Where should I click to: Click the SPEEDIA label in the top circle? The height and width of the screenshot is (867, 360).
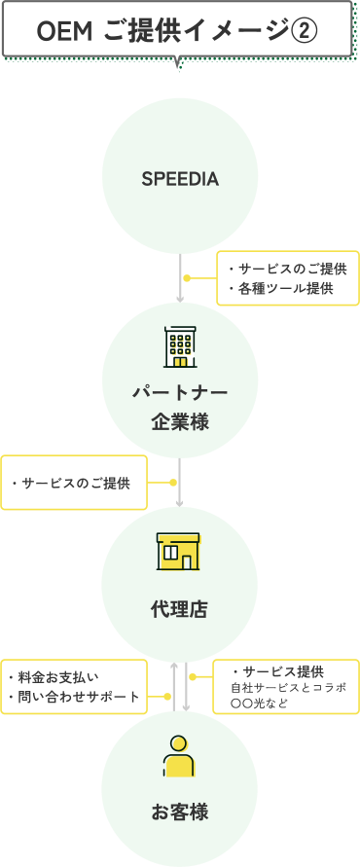click(180, 180)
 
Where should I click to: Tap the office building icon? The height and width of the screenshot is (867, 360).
click(180, 347)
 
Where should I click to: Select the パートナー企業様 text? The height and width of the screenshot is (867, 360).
click(180, 408)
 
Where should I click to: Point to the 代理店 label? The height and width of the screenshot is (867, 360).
click(179, 610)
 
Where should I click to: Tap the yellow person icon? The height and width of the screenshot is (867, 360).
click(179, 756)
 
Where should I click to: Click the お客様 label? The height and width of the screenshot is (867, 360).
click(180, 812)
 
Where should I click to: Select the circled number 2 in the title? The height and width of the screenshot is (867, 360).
click(305, 32)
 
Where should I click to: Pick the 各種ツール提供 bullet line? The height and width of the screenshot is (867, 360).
click(283, 288)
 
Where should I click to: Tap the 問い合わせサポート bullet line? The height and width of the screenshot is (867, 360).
click(74, 697)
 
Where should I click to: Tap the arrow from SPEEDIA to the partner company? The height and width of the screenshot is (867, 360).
click(180, 278)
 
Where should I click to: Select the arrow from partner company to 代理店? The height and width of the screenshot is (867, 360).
click(180, 482)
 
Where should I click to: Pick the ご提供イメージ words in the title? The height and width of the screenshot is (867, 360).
click(208, 32)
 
